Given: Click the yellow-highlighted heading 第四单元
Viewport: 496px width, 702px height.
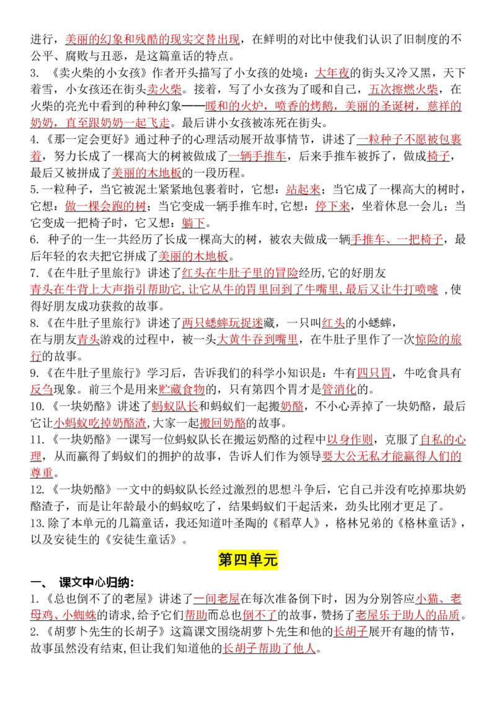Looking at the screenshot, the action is pos(248,559).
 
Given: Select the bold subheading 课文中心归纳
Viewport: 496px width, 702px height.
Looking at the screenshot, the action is pos(96,582).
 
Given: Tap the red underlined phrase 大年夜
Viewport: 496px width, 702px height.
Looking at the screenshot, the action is pos(332,73).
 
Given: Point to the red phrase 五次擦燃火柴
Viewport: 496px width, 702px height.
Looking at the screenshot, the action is pos(404,89).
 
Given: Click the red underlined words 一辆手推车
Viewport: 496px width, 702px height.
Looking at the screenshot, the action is pos(257,156).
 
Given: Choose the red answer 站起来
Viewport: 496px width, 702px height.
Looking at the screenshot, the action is pos(303,190).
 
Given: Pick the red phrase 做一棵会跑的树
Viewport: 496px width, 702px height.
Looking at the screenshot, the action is pos(105,207).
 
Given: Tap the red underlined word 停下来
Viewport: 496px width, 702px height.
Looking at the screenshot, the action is pos(332,207).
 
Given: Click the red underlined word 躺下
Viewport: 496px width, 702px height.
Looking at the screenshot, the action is pos(193,223).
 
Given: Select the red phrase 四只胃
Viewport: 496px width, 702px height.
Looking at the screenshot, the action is pos(374,373).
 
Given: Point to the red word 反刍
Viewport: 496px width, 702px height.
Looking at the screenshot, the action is pos(42,389).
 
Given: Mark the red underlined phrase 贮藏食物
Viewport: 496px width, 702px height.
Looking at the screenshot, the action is pos(182,389).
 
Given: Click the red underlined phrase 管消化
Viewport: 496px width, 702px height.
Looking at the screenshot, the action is pos(339,389).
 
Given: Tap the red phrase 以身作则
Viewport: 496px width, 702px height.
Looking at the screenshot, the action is pos(350,440).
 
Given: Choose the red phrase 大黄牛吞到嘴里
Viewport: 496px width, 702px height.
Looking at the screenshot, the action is pos(257,340).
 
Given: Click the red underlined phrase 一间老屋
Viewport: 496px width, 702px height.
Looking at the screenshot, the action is pos(216,599).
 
